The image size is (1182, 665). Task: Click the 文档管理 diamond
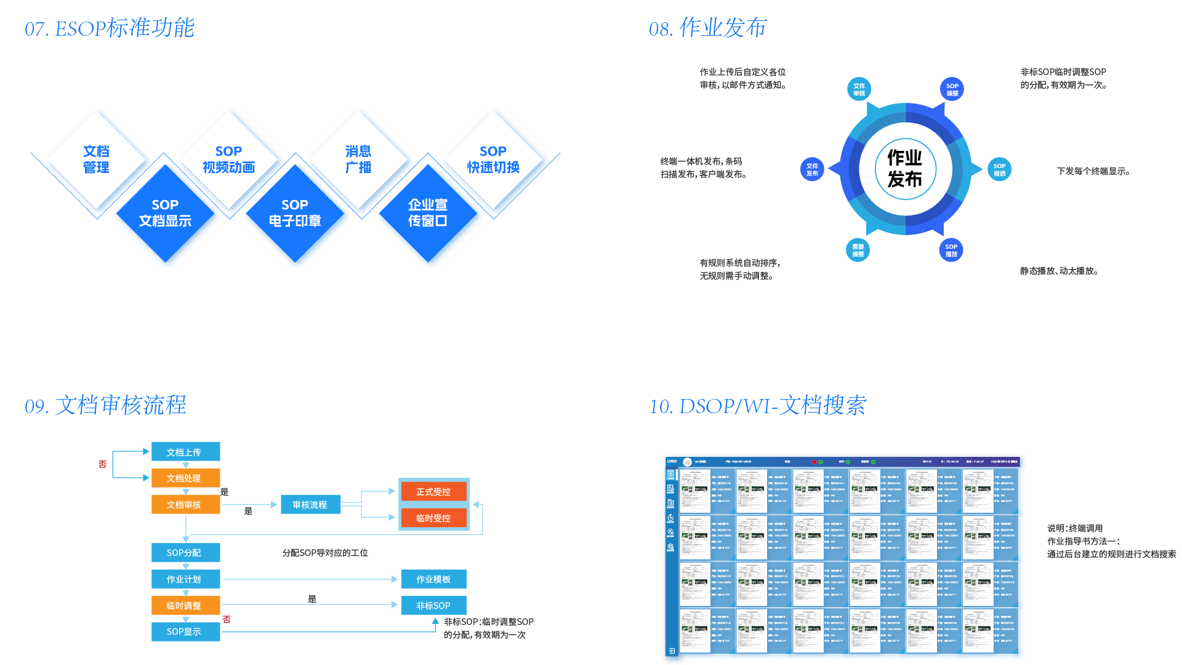96,159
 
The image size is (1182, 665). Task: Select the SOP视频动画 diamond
228,159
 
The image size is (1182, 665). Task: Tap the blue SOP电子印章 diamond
295,213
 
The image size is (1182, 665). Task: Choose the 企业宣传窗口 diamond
428,213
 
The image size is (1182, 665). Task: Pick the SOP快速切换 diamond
493,159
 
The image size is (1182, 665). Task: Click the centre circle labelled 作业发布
905,169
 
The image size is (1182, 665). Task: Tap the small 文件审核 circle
859,89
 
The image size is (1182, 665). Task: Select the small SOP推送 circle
999,169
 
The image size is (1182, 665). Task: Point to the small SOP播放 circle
951,250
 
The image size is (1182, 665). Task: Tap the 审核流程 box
310,505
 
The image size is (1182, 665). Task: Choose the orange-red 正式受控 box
433,492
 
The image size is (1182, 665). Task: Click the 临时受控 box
433,518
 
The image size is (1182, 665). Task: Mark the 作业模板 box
433,579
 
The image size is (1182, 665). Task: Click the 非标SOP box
433,606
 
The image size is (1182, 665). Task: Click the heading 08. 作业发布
707,28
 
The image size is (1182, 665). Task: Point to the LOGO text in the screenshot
672,461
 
